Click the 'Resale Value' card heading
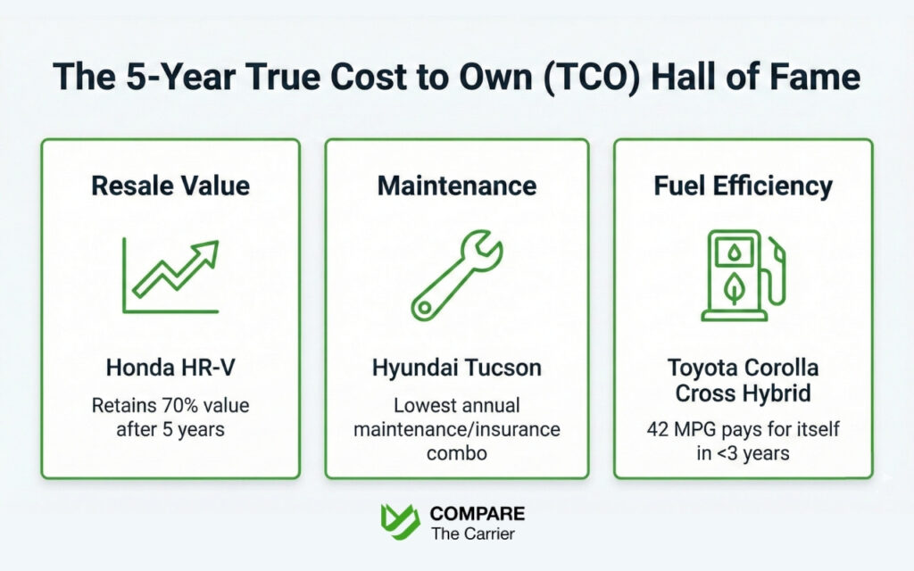click(170, 186)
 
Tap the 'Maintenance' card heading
click(456, 186)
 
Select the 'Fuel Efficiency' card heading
click(743, 186)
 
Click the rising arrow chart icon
click(170, 277)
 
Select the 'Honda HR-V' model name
click(170, 368)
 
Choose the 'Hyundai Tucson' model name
click(456, 368)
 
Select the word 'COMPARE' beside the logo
click(478, 514)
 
